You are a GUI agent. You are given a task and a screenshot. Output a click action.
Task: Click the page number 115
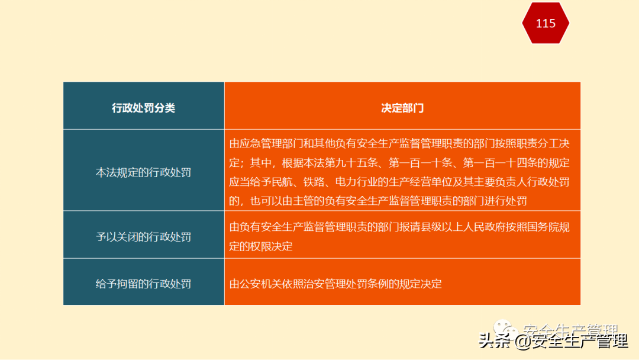546,23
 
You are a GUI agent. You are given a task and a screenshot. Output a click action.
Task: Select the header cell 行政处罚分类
144,108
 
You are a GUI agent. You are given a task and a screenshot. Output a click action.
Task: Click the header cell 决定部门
402,108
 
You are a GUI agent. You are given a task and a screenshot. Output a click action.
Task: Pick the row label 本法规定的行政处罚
144,172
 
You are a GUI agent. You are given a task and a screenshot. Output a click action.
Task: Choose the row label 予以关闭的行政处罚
144,237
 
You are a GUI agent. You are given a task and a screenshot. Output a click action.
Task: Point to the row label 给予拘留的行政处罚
144,284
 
